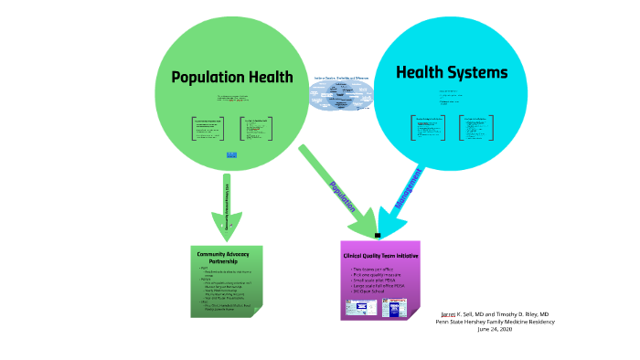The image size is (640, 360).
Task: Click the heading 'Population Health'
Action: point(232,77)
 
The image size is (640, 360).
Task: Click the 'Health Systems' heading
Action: point(451,72)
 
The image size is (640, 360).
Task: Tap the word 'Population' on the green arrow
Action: point(342,196)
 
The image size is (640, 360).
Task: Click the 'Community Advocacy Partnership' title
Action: point(224,256)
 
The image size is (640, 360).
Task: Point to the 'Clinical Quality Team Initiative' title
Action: point(380,256)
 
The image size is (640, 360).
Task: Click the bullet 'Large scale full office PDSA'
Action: point(378,285)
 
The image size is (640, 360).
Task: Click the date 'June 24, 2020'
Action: point(494,329)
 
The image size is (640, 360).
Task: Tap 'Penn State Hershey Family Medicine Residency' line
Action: point(493,321)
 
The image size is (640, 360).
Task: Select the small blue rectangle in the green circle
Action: point(231,154)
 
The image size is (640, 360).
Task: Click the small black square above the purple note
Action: point(377,235)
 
